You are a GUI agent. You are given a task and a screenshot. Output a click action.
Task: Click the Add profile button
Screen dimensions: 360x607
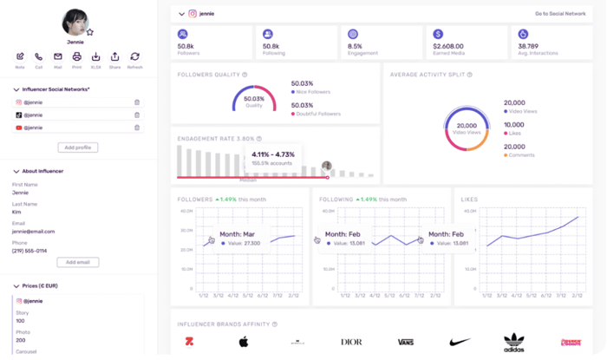pos(77,147)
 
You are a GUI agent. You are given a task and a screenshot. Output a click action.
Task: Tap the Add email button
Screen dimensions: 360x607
pos(77,262)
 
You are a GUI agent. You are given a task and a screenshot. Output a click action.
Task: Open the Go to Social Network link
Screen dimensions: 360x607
pos(558,14)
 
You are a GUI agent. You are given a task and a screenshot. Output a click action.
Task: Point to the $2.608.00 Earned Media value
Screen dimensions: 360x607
pos(449,46)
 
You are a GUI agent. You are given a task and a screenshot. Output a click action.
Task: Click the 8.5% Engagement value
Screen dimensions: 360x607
pos(355,46)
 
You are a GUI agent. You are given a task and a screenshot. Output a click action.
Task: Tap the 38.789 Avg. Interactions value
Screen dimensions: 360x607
pos(529,46)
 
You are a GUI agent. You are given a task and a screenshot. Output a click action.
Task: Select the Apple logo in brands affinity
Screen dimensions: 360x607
pos(244,342)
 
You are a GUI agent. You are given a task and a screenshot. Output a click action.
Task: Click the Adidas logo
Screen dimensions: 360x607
pos(514,342)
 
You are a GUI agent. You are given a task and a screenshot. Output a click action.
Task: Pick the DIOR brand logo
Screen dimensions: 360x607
pos(351,342)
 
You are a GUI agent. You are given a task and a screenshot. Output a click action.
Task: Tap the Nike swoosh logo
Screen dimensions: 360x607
pos(460,343)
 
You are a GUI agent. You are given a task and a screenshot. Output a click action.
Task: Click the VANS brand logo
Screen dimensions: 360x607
pos(406,343)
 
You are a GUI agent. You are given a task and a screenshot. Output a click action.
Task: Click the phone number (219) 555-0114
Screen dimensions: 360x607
pos(30,251)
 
